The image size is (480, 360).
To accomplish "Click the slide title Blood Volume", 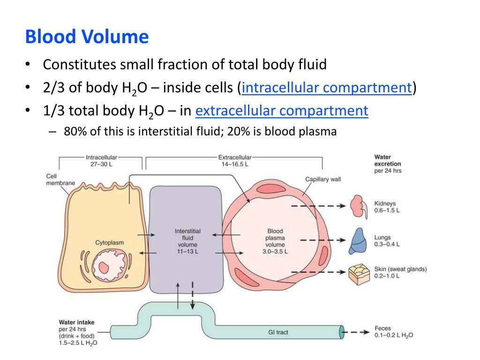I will click(x=87, y=37).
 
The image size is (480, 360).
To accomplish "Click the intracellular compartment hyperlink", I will click(x=327, y=88).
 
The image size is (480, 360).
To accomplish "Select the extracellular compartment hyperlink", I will click(x=282, y=111).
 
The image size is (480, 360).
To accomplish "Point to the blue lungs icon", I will click(x=359, y=240).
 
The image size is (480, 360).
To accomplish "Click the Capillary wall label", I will click(x=323, y=179).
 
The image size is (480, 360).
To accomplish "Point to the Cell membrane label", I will click(x=60, y=180).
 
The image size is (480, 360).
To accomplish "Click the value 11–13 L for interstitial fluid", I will click(x=187, y=252).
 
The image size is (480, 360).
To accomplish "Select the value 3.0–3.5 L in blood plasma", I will click(x=275, y=252).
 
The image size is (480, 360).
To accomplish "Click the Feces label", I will click(x=382, y=329).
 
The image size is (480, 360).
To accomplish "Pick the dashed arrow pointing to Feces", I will click(x=357, y=332).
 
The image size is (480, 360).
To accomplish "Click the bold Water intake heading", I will click(x=76, y=322).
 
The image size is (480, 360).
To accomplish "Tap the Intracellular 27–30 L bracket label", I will click(x=101, y=161).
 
